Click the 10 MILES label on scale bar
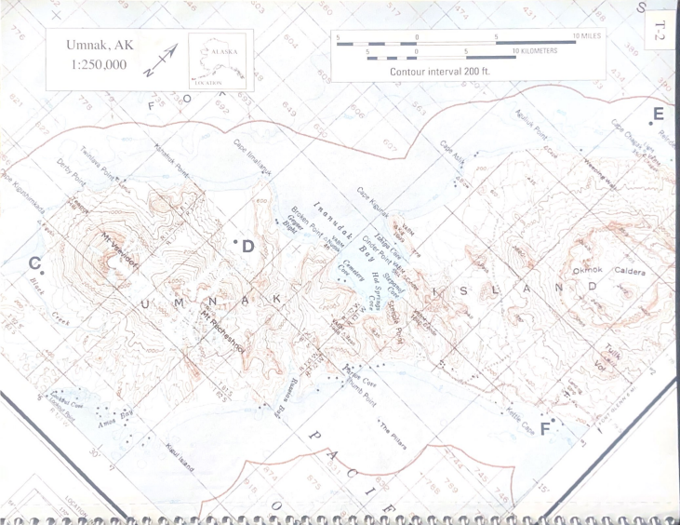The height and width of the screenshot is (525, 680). tap(589, 36)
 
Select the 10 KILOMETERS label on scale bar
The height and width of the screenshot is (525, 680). tap(536, 51)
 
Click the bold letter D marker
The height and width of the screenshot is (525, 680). tap(248, 245)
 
